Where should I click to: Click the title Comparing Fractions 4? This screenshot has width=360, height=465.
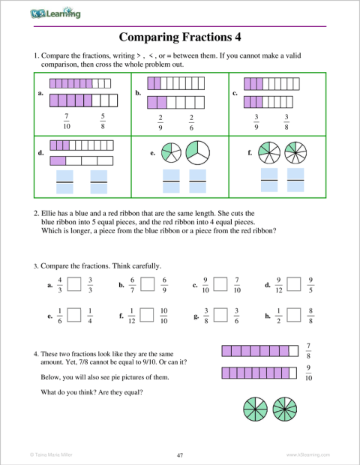click(180, 37)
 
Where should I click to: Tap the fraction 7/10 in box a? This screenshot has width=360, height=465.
click(67, 120)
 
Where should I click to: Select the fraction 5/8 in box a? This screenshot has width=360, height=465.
click(103, 120)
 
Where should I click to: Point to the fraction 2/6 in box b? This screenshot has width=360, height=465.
click(191, 122)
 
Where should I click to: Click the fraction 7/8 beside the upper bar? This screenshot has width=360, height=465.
click(309, 349)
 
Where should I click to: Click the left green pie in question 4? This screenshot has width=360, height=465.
click(256, 409)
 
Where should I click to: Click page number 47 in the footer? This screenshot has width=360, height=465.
click(180, 455)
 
